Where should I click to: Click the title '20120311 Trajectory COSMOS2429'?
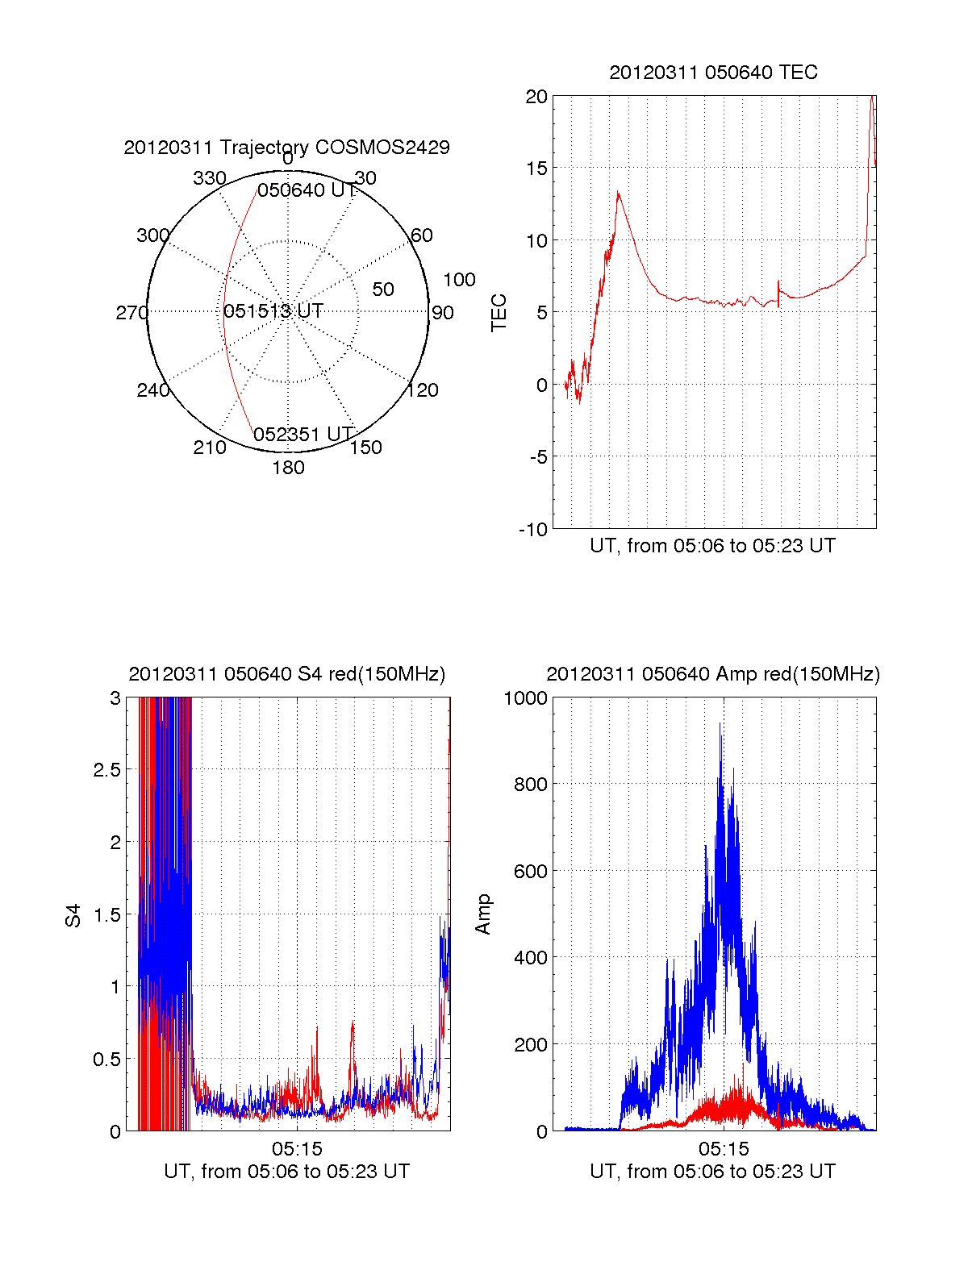coord(286,148)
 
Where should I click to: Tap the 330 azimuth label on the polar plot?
coord(209,178)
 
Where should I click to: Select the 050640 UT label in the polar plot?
coord(307,190)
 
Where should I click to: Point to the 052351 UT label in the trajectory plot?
coord(304,435)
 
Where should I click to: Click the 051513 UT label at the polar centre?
coord(273,311)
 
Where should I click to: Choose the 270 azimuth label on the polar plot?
coord(131,313)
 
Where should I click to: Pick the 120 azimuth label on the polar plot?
coord(423,390)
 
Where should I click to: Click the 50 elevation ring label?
coord(383,289)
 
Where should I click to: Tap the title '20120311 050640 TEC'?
coord(713,73)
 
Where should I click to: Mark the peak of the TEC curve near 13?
coord(618,193)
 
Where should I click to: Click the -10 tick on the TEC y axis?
coord(533,529)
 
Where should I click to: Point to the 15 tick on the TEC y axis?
coord(536,169)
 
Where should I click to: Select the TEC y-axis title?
coord(499,313)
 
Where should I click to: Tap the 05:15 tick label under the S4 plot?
coord(297,1149)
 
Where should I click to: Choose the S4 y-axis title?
coord(73,915)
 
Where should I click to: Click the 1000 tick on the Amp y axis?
coord(525,698)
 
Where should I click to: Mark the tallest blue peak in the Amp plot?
coord(720,723)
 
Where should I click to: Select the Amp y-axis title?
coord(483,914)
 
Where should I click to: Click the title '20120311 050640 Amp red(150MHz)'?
coord(713,674)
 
